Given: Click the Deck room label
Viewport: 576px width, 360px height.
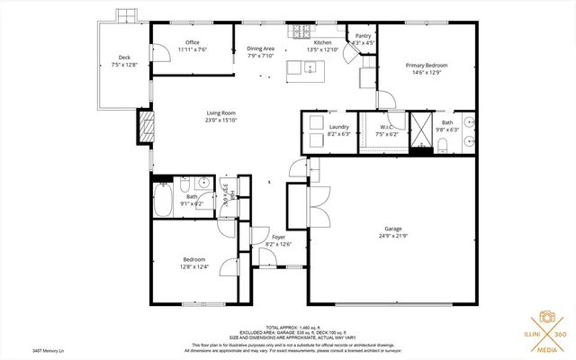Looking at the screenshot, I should (x=125, y=58).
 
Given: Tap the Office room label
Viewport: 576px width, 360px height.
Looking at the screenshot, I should (x=192, y=42).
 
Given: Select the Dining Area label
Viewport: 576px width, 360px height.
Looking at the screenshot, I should (x=261, y=49).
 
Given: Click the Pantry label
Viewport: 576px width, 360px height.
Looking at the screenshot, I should (x=363, y=36).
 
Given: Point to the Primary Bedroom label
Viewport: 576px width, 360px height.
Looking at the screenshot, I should (x=426, y=66).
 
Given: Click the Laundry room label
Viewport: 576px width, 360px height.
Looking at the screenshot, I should (x=338, y=127).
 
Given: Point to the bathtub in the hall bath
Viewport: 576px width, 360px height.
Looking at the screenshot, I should (x=164, y=200).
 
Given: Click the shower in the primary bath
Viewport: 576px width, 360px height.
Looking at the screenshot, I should (x=421, y=130).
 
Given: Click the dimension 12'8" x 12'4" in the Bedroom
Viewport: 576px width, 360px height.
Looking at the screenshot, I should (x=195, y=265).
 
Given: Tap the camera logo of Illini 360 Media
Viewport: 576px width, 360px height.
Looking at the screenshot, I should (x=545, y=318).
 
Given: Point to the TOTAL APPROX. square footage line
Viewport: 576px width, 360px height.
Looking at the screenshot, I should (x=288, y=327).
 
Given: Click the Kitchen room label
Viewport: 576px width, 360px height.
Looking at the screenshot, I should (x=322, y=42).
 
